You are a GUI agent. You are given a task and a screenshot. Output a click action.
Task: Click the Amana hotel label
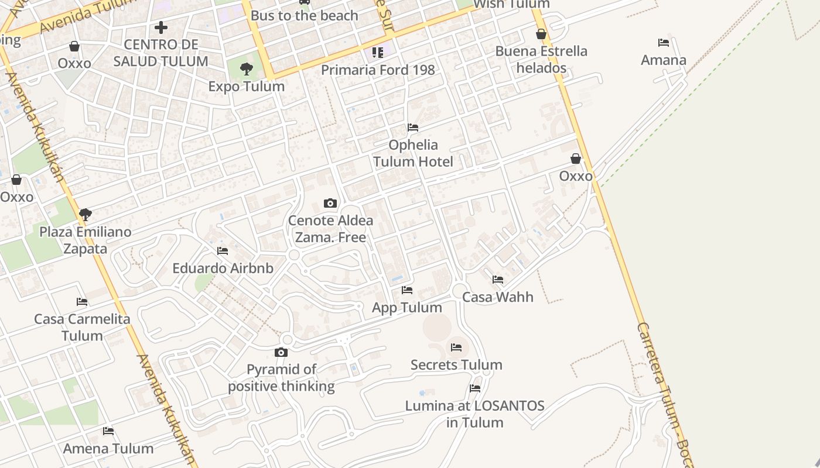(664, 60)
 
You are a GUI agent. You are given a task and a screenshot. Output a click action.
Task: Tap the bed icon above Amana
(664, 43)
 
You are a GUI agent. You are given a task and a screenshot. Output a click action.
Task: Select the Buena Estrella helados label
(541, 60)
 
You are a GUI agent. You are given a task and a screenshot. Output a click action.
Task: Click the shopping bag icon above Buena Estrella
(541, 34)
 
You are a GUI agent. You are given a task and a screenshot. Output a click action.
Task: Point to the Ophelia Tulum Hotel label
(413, 153)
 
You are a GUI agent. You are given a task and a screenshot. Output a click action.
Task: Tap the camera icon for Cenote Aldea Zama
(330, 204)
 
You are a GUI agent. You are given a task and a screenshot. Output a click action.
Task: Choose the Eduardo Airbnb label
(223, 269)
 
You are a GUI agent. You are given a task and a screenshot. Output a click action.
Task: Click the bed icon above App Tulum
(407, 290)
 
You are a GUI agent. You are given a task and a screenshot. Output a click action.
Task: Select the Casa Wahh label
(498, 297)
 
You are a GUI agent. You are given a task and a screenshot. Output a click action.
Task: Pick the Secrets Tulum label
(456, 365)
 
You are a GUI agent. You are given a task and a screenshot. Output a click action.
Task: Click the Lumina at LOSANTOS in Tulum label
(475, 414)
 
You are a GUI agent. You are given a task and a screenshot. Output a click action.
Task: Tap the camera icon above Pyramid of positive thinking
(281, 352)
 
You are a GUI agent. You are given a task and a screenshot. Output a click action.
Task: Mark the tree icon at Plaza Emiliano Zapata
(86, 215)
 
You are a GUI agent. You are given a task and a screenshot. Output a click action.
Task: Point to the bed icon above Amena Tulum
(108, 431)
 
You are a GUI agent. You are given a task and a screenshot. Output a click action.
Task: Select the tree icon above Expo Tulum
(247, 69)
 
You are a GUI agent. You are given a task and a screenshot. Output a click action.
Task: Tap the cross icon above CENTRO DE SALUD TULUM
(160, 27)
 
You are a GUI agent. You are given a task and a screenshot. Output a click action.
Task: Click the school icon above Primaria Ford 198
(378, 53)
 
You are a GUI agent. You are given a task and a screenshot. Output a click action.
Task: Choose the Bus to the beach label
(304, 16)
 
